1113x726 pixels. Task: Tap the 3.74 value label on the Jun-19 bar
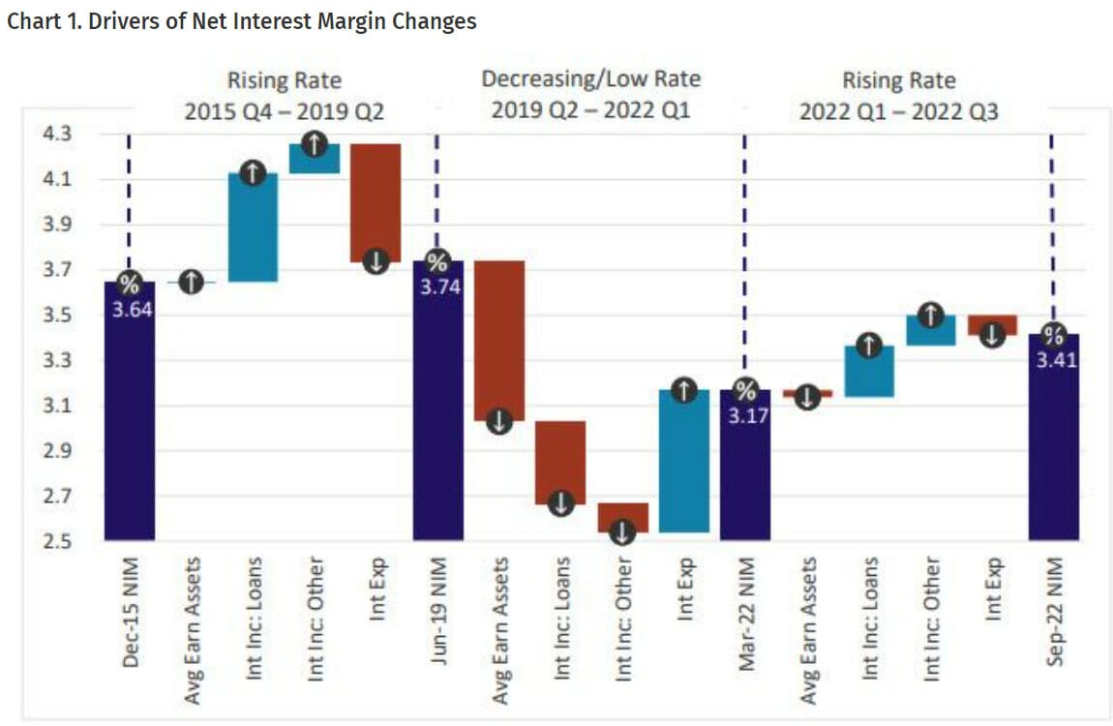437,287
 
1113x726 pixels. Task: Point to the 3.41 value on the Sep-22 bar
1053,360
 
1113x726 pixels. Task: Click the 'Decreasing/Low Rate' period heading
590,79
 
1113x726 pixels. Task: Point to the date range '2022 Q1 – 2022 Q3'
898,111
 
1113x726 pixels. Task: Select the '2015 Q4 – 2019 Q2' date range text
285,111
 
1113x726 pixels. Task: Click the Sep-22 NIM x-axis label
1054,610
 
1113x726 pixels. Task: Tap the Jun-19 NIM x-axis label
437,610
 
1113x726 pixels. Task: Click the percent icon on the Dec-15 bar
130,284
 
